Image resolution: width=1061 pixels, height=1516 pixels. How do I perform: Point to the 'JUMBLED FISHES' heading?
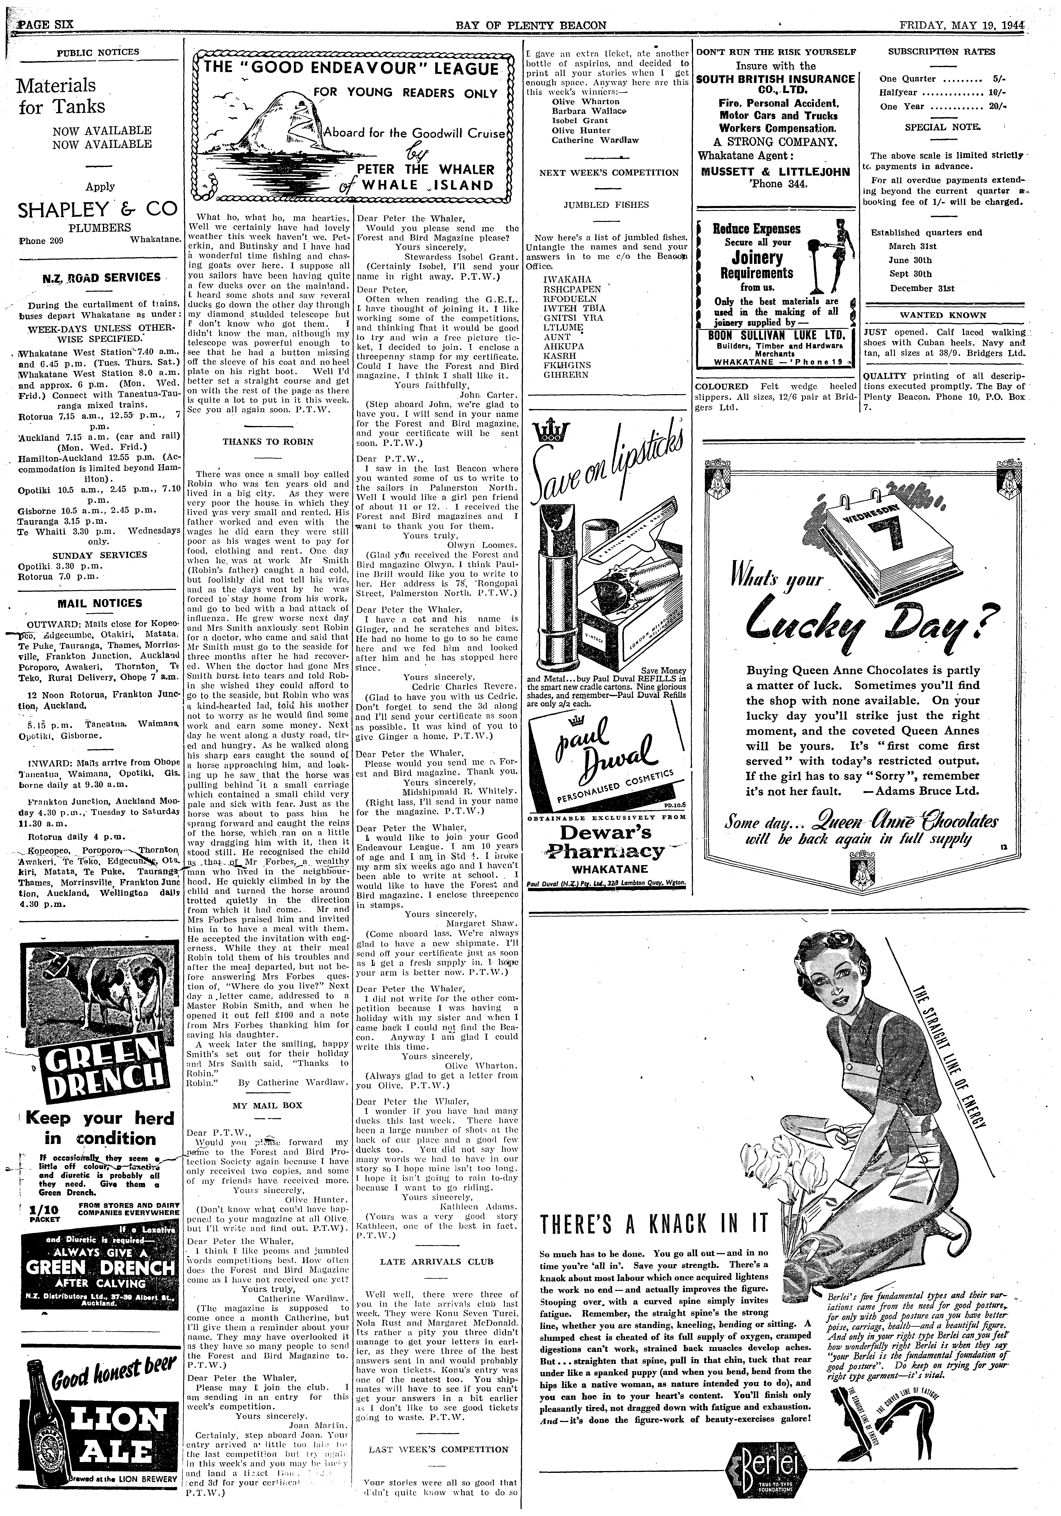point(606,205)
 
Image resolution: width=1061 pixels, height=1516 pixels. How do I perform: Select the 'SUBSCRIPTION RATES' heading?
point(941,51)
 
